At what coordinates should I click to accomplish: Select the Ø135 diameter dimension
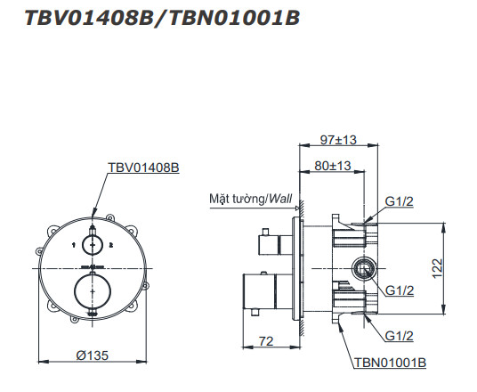[x=93, y=355]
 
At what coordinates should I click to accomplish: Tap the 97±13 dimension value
[x=337, y=139]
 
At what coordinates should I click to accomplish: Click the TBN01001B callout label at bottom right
[x=389, y=363]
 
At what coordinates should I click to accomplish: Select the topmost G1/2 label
[x=400, y=202]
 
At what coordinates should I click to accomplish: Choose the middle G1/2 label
[x=400, y=290]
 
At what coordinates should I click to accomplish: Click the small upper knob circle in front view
[x=92, y=243]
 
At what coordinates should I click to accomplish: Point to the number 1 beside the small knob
[x=72, y=243]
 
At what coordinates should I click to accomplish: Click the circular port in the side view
[x=363, y=267]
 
